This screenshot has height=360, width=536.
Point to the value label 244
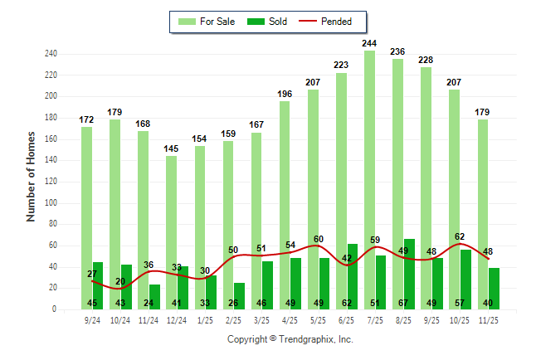coord(369,42)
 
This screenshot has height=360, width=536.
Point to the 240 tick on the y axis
coord(51,54)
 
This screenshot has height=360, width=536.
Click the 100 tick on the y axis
coord(51,202)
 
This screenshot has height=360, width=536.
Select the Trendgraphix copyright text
coord(290,339)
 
